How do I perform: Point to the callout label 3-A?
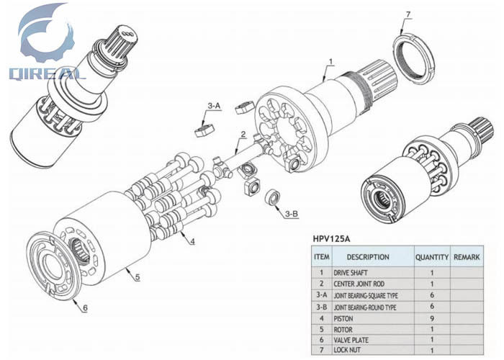[214, 106]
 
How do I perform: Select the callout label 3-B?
[292, 213]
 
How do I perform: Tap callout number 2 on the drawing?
[243, 135]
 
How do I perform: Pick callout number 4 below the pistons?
[192, 241]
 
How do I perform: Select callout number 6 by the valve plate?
[84, 308]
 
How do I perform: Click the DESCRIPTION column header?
[367, 257]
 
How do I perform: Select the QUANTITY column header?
[431, 257]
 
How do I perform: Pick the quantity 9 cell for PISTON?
[431, 318]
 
